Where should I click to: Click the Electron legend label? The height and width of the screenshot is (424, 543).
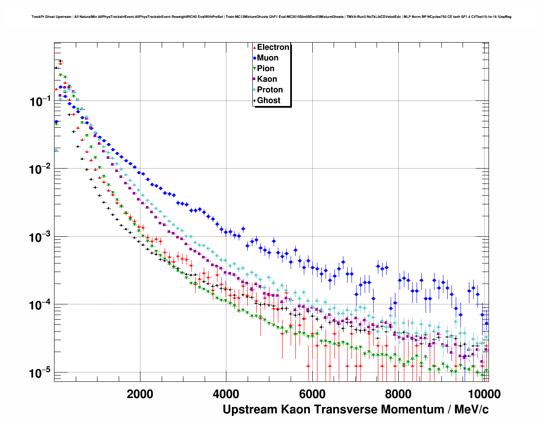[x=273, y=47]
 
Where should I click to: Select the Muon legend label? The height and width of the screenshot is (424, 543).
[x=268, y=58]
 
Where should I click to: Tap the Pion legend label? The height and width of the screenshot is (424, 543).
[x=266, y=69]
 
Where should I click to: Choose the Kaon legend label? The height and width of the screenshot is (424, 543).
[x=267, y=79]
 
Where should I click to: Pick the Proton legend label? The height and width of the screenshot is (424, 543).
[x=270, y=90]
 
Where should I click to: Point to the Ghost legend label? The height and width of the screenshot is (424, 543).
[x=269, y=100]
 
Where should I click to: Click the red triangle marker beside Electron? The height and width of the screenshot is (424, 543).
[x=254, y=47]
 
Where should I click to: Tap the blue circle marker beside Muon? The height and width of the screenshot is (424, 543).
[x=254, y=58]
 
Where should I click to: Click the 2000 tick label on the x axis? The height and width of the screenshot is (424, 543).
[x=140, y=394]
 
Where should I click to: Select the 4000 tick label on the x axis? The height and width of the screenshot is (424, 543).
[x=226, y=394]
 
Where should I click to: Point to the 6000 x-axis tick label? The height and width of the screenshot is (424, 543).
[x=312, y=394]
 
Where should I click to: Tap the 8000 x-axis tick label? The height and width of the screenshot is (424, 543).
[x=398, y=394]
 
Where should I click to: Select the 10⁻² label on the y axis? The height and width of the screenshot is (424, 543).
[x=40, y=169]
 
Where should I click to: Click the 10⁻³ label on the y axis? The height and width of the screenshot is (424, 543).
[x=40, y=237]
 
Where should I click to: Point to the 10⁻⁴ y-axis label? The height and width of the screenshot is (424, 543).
[x=40, y=305]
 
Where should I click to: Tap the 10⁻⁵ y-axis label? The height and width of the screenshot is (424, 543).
[x=40, y=373]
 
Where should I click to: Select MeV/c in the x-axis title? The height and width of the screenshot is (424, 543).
[x=472, y=410]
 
